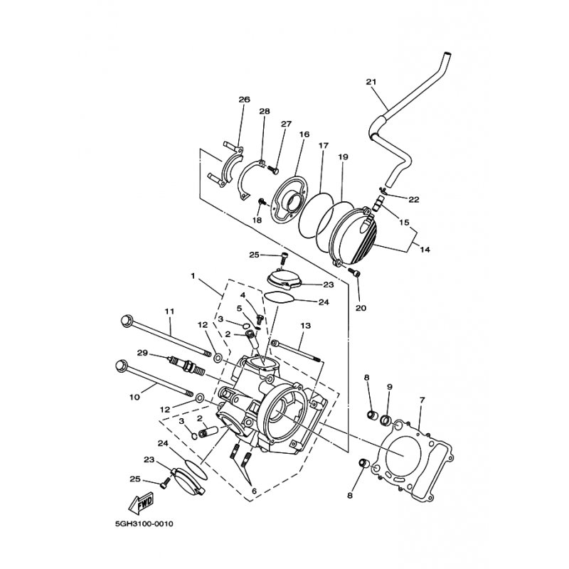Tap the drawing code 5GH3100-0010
144,524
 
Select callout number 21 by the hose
371,82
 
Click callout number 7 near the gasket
422,400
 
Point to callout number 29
143,352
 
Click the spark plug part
186,366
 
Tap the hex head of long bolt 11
126,320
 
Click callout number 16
304,134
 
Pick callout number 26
244,99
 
